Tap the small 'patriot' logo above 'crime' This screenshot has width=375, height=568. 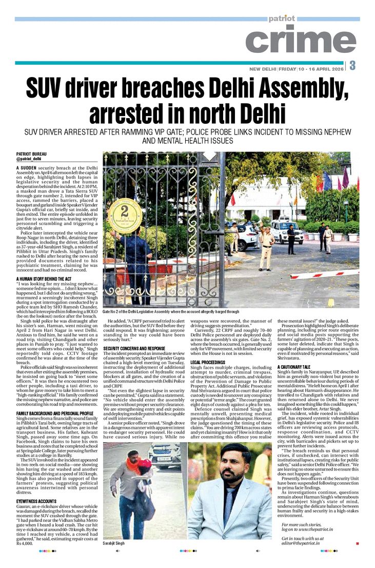pos(282,18)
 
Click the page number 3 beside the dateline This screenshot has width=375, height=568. pos(353,66)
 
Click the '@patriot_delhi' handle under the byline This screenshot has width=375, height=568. pos(29,160)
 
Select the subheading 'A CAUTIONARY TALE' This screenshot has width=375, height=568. pos(293,353)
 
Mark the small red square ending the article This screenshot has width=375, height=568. pos(358,543)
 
